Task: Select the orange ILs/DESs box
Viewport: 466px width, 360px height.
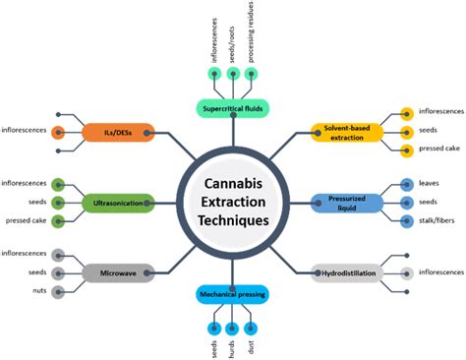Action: pos(120,131)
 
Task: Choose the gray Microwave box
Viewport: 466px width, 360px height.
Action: pos(119,271)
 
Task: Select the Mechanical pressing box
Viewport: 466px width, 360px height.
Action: pos(232,294)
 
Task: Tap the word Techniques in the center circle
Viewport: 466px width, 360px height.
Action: pos(233,221)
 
